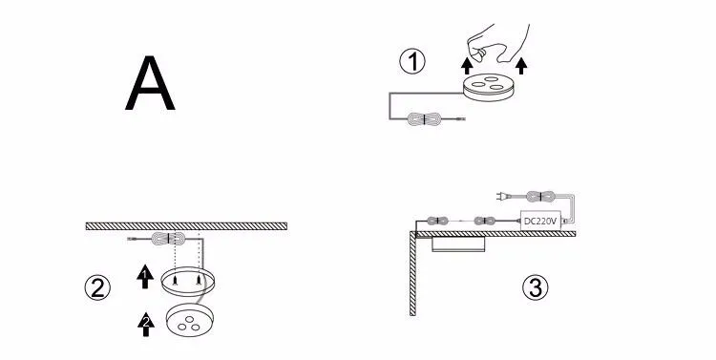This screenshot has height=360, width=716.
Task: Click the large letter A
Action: tap(150, 83)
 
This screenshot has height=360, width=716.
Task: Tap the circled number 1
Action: tap(412, 62)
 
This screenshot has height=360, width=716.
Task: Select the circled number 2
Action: tap(97, 288)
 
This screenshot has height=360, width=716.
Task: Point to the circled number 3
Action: tap(536, 288)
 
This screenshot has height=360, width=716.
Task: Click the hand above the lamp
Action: tap(498, 43)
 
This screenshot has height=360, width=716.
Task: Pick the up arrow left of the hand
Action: tap(467, 66)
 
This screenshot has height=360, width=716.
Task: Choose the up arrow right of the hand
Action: tap(521, 66)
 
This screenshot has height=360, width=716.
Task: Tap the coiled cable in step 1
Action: tap(424, 119)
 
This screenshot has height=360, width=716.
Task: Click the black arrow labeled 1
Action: tap(145, 276)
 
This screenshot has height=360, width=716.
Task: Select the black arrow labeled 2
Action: tap(146, 325)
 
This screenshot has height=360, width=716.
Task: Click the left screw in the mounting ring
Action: tap(175, 281)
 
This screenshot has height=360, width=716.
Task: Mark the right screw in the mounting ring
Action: tap(199, 281)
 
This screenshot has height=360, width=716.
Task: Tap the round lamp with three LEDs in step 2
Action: tap(190, 320)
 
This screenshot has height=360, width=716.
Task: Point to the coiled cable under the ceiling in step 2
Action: tap(168, 239)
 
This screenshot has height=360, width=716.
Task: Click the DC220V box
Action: tap(540, 222)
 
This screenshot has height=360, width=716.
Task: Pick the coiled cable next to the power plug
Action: tap(539, 197)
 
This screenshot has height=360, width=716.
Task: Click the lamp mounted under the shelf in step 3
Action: tap(458, 244)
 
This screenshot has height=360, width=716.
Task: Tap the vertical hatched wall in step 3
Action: tap(412, 274)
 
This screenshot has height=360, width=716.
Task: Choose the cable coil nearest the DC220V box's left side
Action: tap(485, 222)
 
